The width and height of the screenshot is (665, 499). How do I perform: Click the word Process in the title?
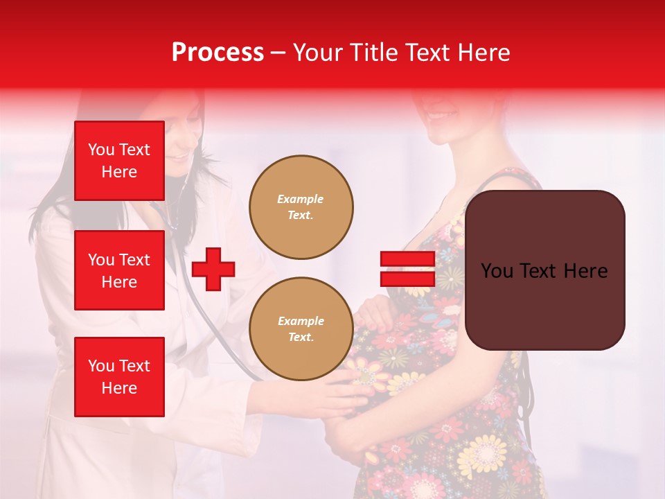[x=218, y=53]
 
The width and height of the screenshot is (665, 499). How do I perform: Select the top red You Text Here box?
[x=119, y=161]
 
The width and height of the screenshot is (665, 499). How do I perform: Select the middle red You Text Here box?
[x=119, y=270]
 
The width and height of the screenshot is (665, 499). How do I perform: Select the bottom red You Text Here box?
[x=119, y=377]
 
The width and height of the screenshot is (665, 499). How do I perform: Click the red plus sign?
[x=213, y=269]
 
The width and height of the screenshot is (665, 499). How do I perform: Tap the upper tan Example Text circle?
[x=301, y=207]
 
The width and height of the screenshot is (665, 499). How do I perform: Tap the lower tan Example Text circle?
[x=301, y=329]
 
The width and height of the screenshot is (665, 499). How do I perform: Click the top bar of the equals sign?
[x=407, y=259]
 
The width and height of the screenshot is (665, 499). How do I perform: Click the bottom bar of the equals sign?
[x=407, y=279]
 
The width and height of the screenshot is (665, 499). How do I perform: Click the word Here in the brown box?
[x=585, y=271]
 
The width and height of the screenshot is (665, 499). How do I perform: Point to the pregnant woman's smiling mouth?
[x=443, y=114]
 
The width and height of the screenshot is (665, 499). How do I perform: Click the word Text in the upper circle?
[x=301, y=216]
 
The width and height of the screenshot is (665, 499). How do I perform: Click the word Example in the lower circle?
[x=301, y=321]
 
